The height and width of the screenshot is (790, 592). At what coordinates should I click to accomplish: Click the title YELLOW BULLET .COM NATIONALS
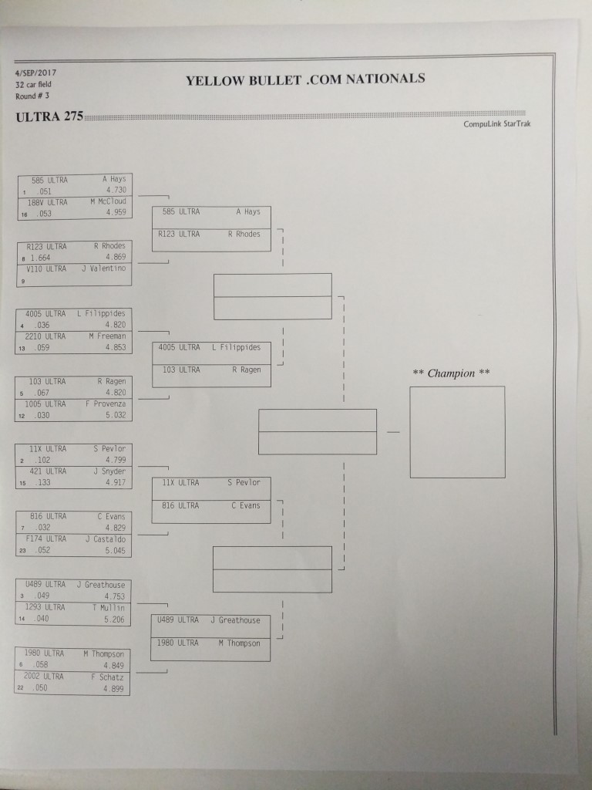pyautogui.click(x=305, y=79)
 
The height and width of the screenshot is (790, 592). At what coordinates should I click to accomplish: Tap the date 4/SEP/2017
pyautogui.click(x=35, y=73)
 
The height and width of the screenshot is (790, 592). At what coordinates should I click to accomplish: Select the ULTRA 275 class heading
pyautogui.click(x=49, y=116)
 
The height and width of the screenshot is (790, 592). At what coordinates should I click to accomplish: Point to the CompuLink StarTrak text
pyautogui.click(x=497, y=124)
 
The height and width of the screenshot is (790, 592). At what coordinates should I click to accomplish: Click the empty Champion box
pyautogui.click(x=457, y=432)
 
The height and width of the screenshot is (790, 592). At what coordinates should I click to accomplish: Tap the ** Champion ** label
pyautogui.click(x=451, y=373)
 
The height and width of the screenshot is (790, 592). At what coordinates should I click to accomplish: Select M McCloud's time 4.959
pyautogui.click(x=116, y=212)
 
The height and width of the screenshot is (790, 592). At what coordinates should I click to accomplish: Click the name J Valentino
pyautogui.click(x=104, y=268)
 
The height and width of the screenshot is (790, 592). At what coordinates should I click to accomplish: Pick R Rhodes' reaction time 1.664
pyautogui.click(x=40, y=258)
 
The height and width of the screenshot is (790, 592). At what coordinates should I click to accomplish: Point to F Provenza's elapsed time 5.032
pyautogui.click(x=116, y=415)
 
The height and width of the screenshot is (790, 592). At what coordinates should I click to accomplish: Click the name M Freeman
pyautogui.click(x=108, y=336)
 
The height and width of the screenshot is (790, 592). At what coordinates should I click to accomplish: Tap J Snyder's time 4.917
pyautogui.click(x=116, y=482)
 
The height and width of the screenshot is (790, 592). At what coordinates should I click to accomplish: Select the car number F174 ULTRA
pyautogui.click(x=45, y=538)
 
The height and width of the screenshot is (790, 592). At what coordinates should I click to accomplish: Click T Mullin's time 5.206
pyautogui.click(x=114, y=620)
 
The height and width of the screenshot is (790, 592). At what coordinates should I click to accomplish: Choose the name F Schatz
pyautogui.click(x=107, y=677)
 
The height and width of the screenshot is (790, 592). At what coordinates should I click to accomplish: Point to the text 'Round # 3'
pyautogui.click(x=32, y=96)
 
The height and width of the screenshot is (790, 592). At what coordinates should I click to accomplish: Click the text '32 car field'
pyautogui.click(x=33, y=85)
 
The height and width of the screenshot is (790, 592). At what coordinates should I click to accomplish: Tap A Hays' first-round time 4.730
pyautogui.click(x=116, y=190)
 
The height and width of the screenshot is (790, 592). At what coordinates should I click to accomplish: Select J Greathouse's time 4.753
pyautogui.click(x=115, y=596)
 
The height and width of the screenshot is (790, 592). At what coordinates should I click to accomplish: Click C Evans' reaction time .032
pyautogui.click(x=43, y=528)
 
